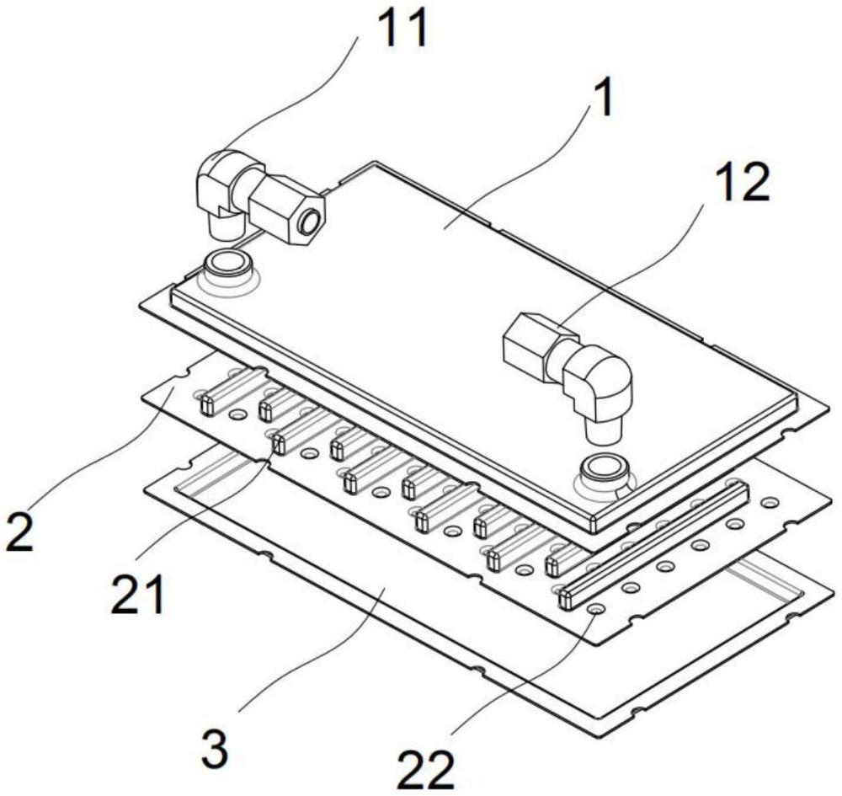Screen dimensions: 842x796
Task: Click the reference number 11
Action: tap(402, 28)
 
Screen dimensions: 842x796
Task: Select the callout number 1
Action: tap(603, 99)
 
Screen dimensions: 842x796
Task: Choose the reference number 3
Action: tap(215, 748)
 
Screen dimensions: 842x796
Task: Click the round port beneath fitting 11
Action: tap(226, 264)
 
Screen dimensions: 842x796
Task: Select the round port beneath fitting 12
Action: tap(604, 469)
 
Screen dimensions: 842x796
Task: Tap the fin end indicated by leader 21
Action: tap(278, 444)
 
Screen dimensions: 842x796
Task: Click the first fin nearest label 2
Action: tap(231, 390)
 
